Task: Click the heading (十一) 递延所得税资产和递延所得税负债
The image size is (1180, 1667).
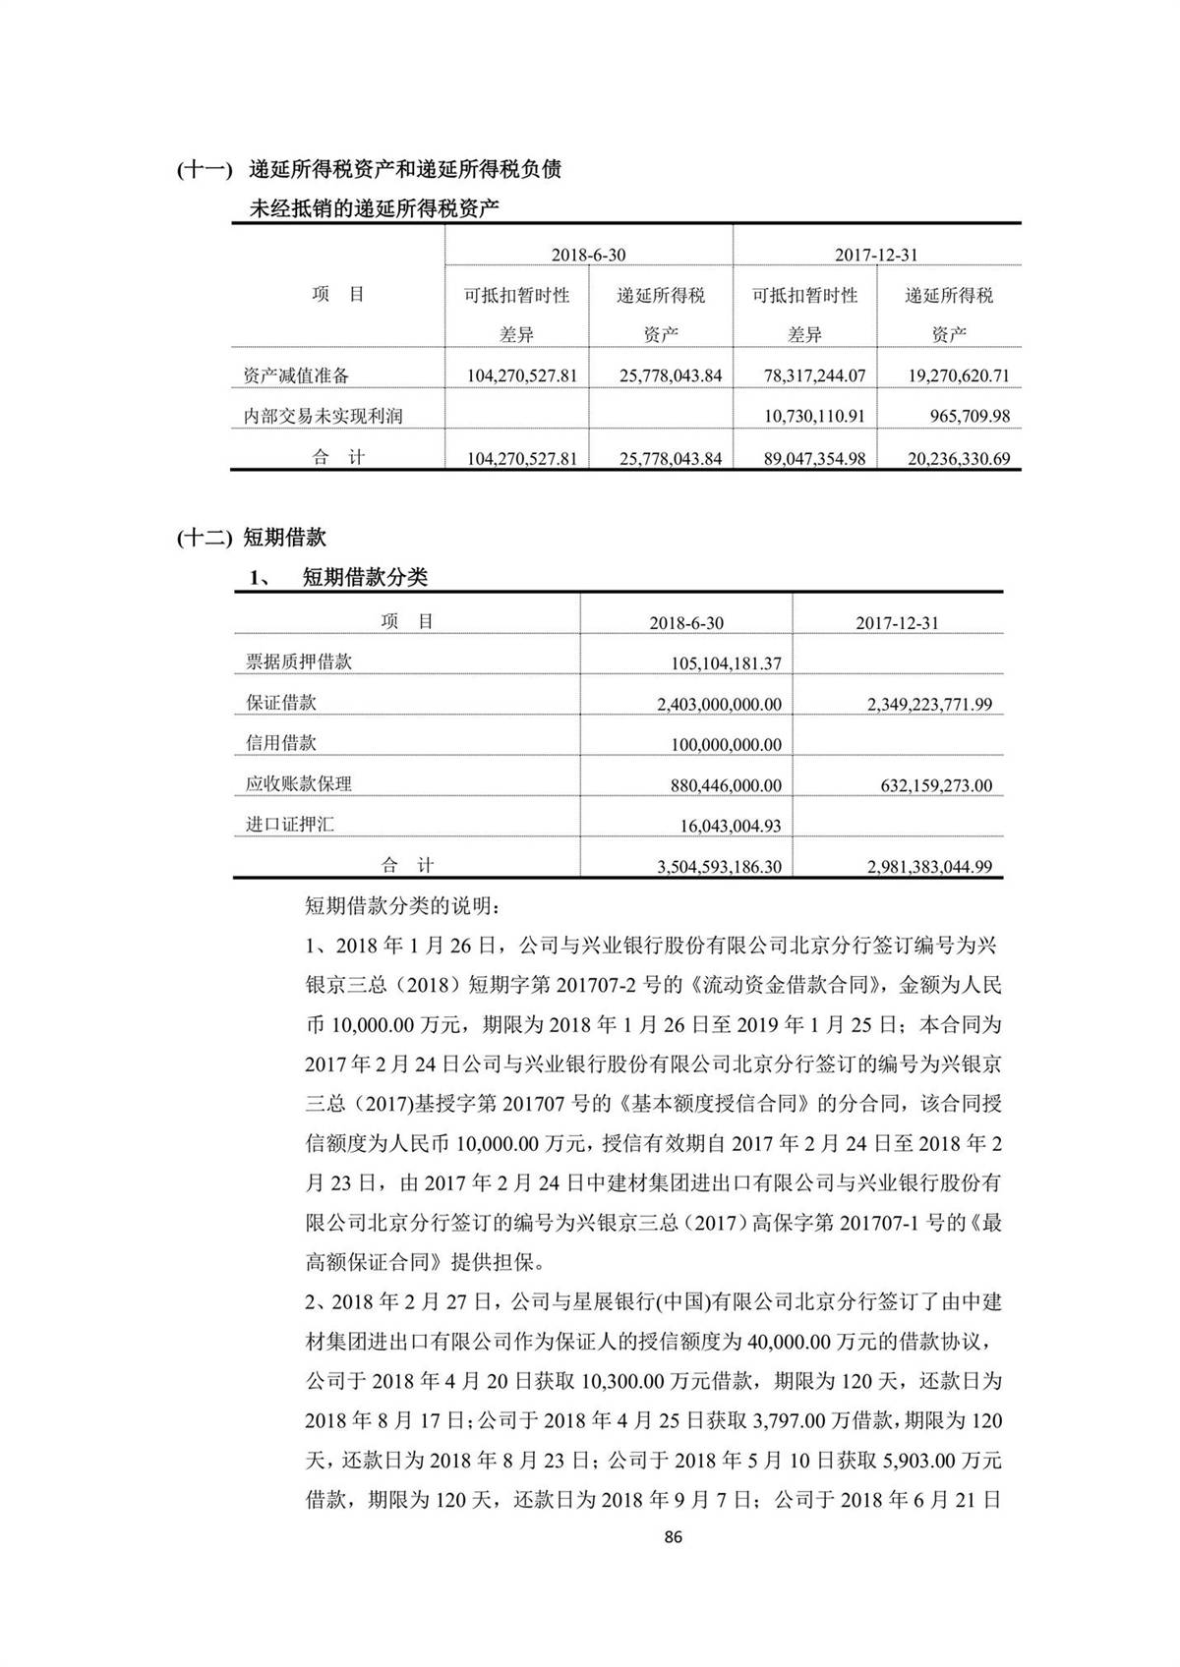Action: [370, 169]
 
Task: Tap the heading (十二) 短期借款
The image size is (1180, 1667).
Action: [251, 537]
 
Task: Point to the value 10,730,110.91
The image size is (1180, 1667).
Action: [813, 416]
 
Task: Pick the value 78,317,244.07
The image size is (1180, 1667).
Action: [813, 375]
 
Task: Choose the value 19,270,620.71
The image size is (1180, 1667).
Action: [948, 375]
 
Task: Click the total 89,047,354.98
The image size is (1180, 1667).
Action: [813, 458]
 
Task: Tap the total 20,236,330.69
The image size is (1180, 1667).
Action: [948, 458]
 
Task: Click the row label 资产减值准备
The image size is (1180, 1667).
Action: [296, 375]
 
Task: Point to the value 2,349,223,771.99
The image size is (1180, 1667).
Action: [929, 704]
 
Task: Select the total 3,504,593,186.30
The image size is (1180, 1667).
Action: [718, 867]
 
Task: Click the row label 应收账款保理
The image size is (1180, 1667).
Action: [298, 784]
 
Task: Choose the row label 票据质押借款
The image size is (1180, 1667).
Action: [298, 661]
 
